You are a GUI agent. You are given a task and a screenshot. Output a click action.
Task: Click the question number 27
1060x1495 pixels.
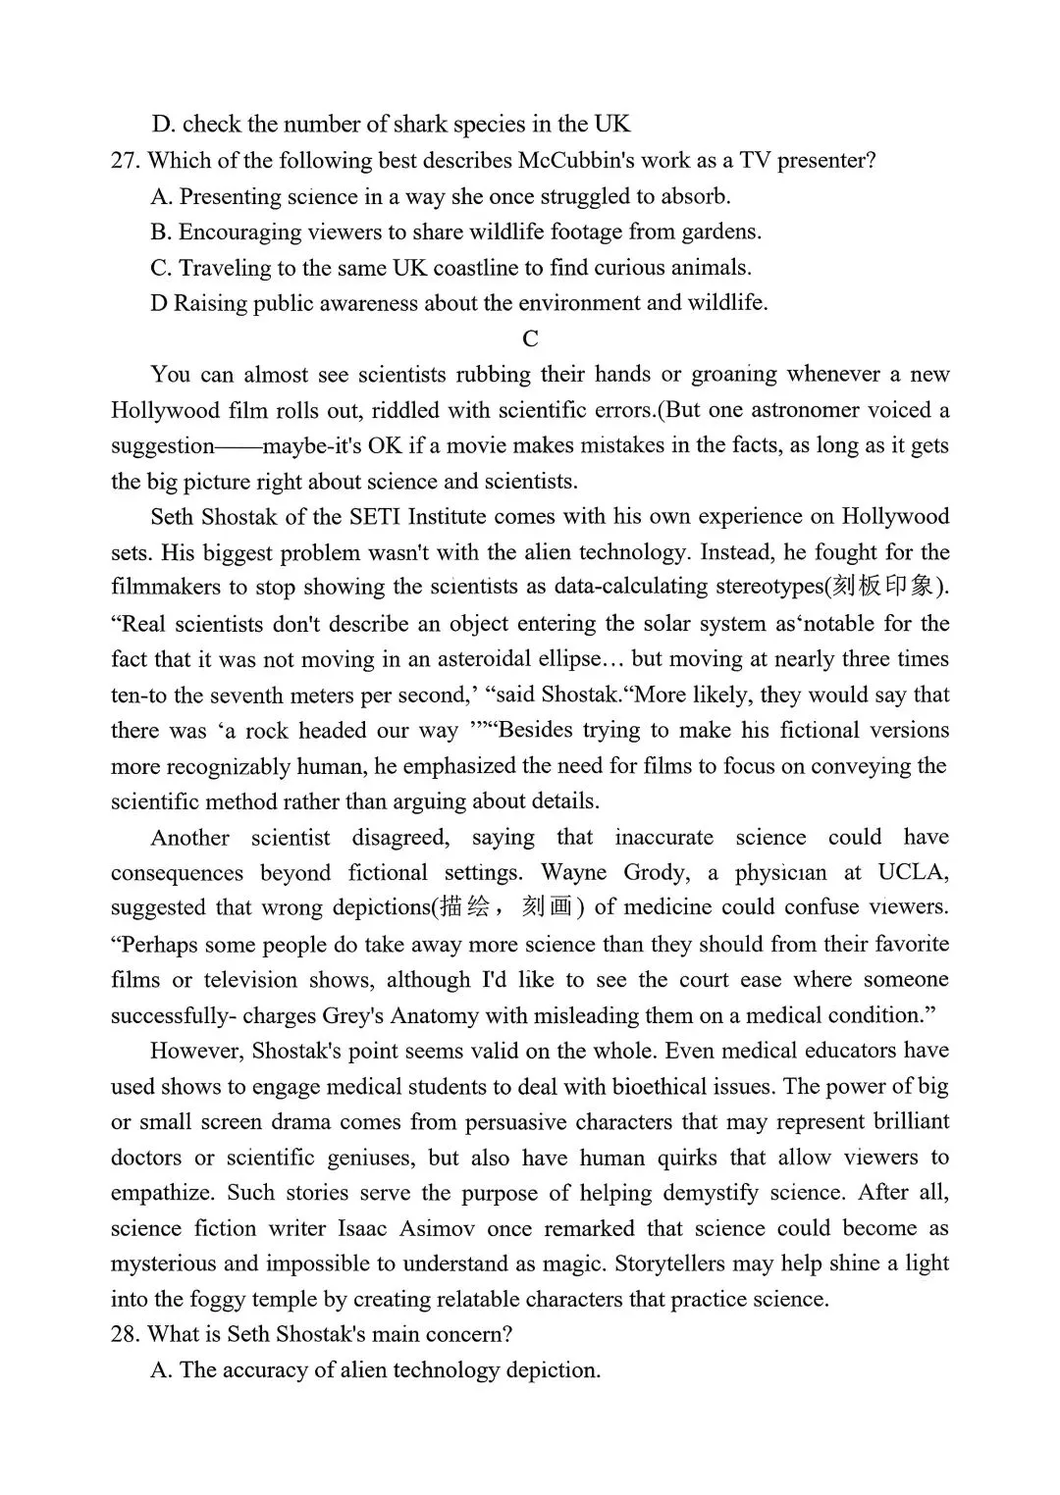coord(126,161)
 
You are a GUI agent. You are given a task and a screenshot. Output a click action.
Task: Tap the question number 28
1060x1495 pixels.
coord(126,1334)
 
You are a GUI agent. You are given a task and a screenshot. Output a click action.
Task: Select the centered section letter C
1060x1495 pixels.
coord(530,339)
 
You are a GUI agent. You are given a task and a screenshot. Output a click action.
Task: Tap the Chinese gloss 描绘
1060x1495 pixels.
coord(465,907)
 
